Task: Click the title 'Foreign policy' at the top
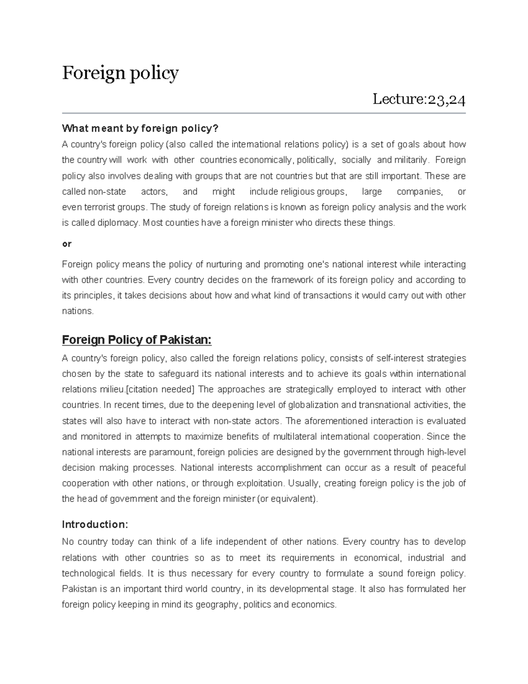[120, 73]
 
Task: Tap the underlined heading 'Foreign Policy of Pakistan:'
[137, 340]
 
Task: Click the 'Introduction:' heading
[95, 525]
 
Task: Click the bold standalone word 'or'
[66, 244]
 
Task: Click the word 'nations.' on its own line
[78, 311]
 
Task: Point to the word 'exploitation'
[260, 483]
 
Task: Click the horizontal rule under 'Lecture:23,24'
[264, 113]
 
